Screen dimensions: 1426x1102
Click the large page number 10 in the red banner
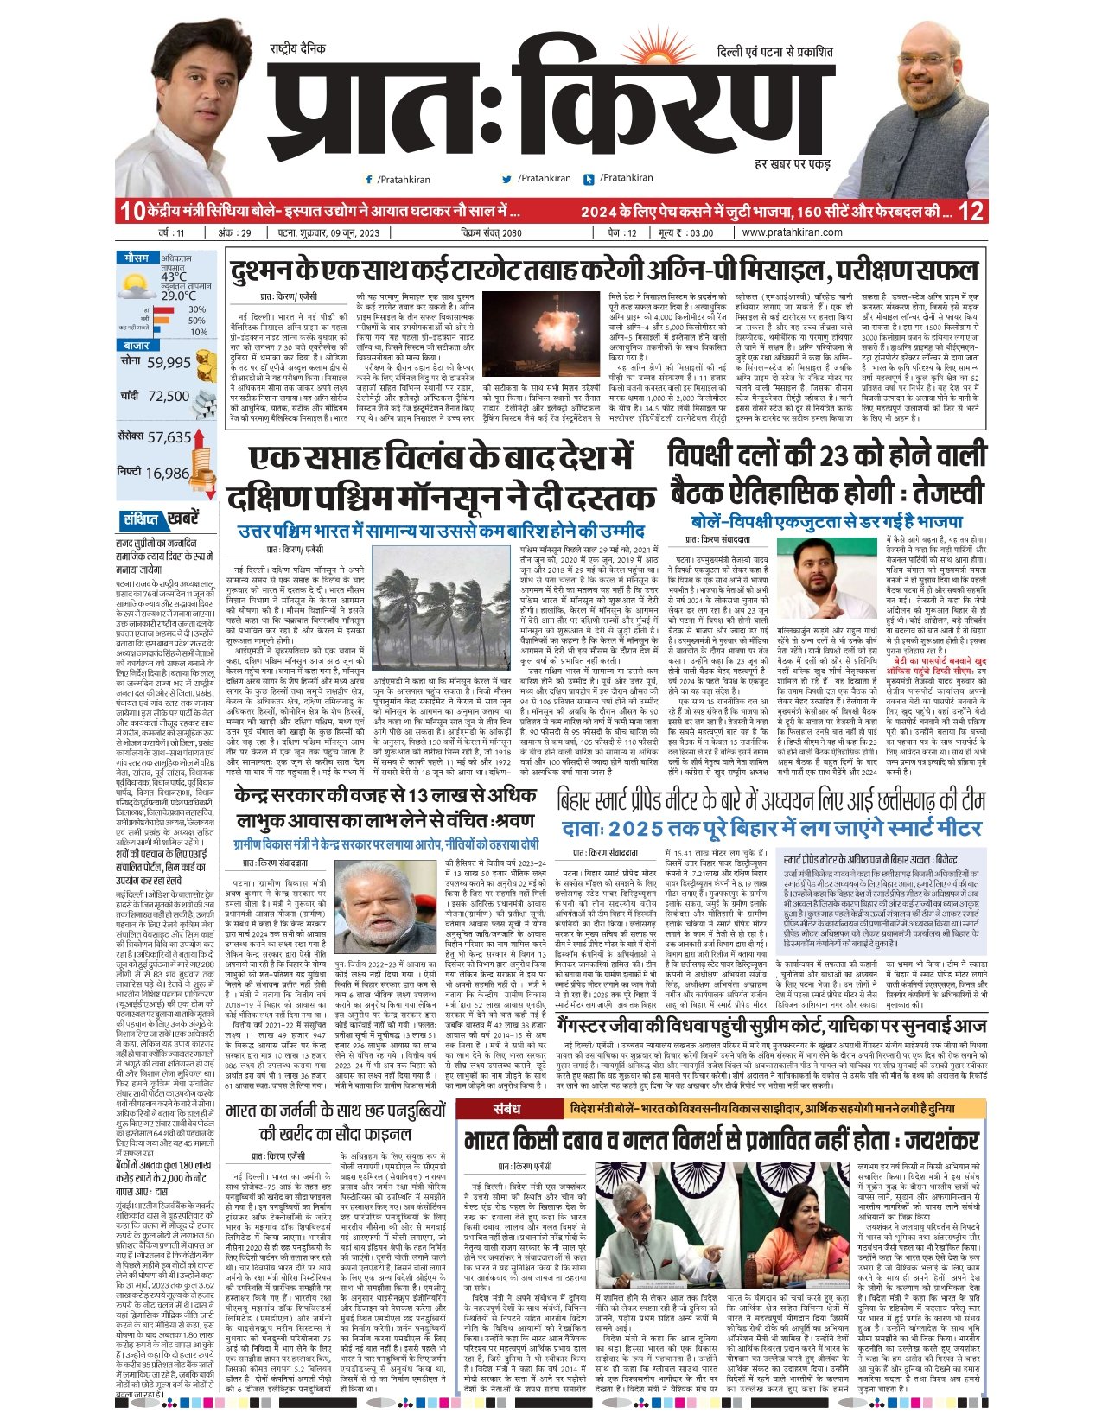(131, 211)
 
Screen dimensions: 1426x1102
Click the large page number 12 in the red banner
(971, 211)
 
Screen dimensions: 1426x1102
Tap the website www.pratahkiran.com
(792, 232)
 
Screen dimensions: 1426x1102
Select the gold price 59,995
(168, 363)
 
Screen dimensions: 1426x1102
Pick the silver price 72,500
(168, 396)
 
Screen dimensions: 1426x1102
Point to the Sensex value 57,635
(169, 437)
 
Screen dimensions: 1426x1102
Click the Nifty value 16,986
(168, 473)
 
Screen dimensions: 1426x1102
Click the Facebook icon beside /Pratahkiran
(369, 179)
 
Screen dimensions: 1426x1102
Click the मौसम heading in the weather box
(136, 258)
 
